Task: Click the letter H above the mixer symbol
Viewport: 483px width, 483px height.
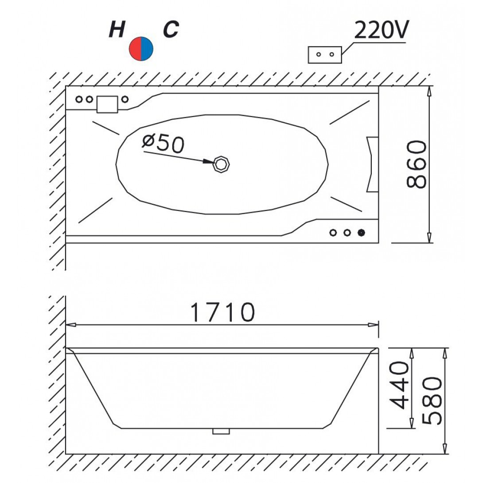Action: pos(117,30)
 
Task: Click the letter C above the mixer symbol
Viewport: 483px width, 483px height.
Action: pos(171,30)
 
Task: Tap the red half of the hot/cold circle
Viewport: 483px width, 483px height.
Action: pos(135,49)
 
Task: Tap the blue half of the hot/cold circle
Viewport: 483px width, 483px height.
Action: pos(147,49)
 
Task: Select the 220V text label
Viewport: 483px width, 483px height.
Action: pos(381,30)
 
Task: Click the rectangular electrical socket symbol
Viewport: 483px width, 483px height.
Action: pos(325,55)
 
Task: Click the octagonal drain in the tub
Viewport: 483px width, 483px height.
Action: pos(222,164)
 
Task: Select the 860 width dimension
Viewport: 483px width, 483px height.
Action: pos(416,164)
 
